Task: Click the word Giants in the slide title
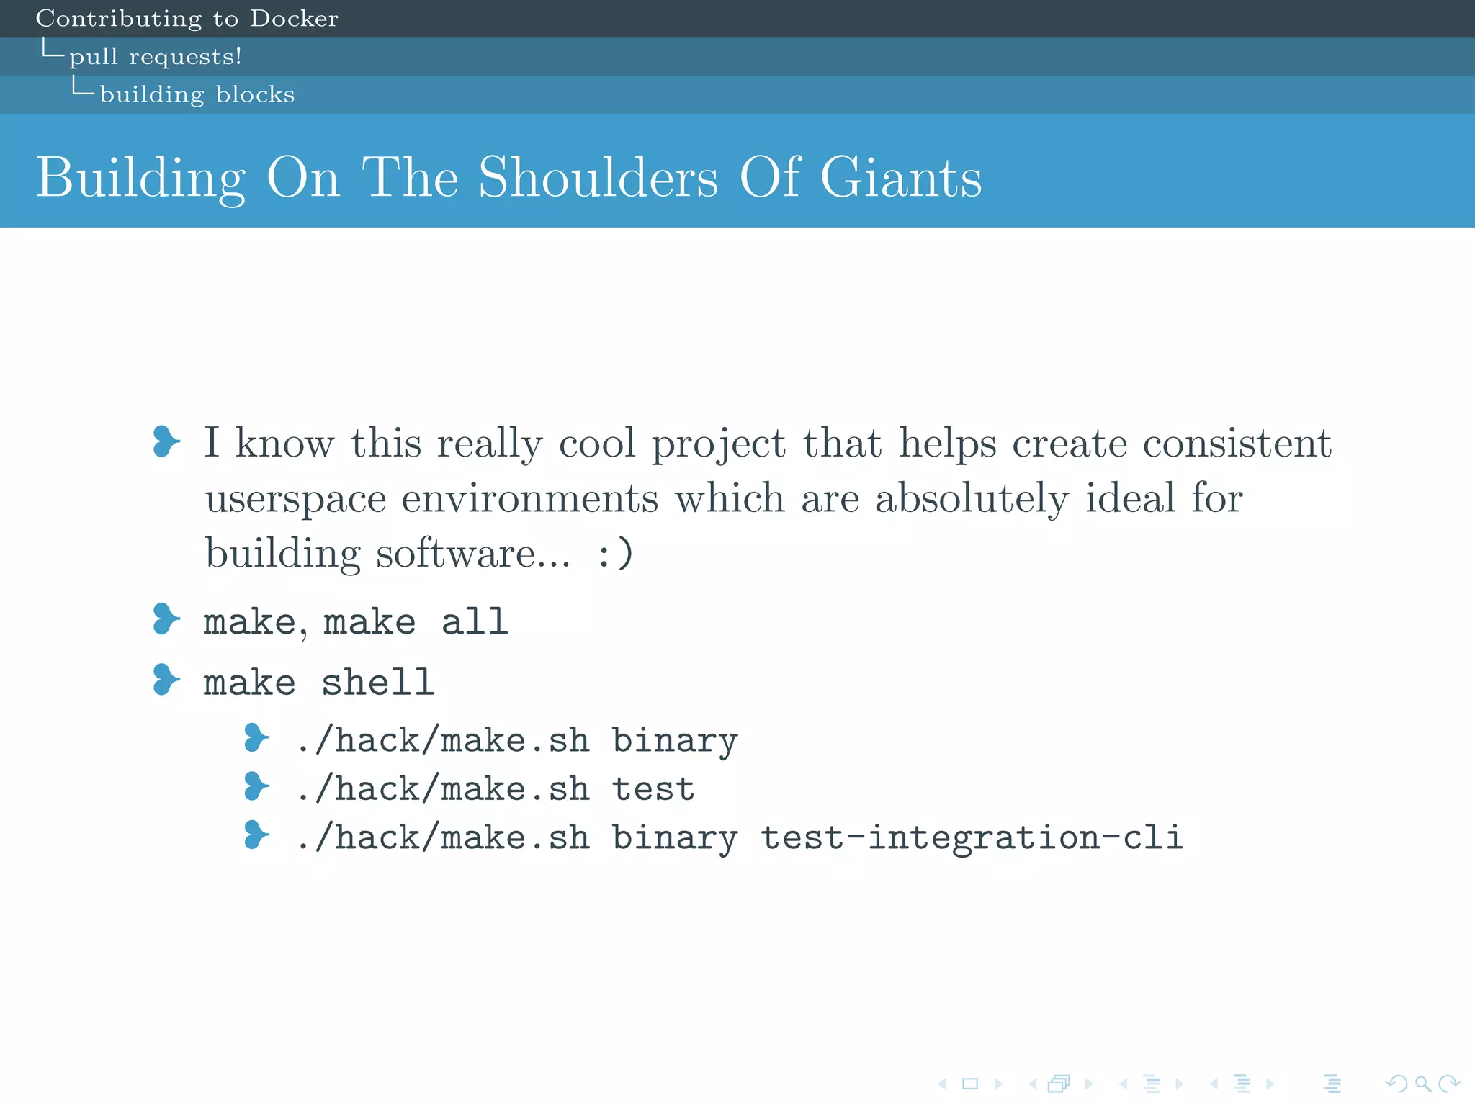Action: click(901, 177)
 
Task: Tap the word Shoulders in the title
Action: click(598, 177)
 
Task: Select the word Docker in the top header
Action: click(294, 19)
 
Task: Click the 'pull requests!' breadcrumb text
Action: click(156, 56)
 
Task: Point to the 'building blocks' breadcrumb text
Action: click(197, 94)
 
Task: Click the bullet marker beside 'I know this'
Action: click(166, 441)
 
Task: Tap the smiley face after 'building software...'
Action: click(616, 554)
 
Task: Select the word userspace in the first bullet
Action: click(295, 499)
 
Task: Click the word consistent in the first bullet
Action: click(1237, 443)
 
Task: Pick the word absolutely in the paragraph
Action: click(972, 499)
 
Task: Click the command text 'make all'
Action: click(416, 621)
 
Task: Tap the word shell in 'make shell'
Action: click(377, 682)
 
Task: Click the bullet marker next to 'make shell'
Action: click(166, 680)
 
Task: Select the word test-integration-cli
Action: click(972, 837)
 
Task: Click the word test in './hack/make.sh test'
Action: click(653, 788)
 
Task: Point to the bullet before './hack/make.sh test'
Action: click(256, 786)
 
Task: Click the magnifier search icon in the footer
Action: click(1422, 1083)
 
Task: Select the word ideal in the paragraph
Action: click(1130, 498)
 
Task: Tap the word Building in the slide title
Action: click(141, 179)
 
